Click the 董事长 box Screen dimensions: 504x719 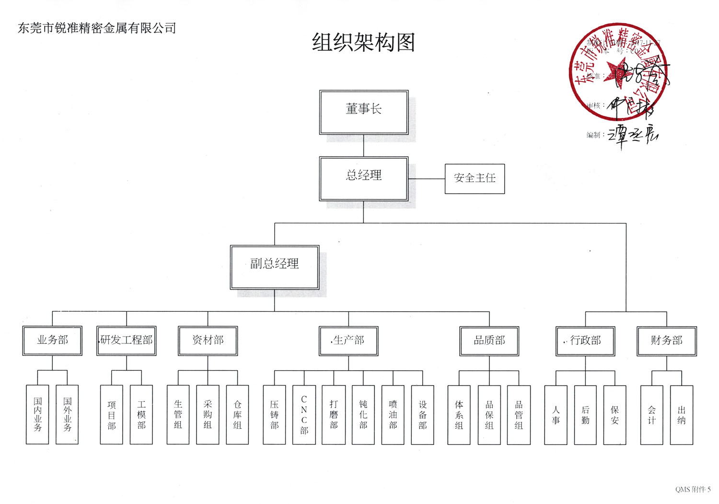point(363,112)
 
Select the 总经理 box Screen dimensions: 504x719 point(363,178)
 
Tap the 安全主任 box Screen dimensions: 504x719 point(475,178)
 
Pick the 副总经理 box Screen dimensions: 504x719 point(275,267)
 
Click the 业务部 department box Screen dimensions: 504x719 point(52,340)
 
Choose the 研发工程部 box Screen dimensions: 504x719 point(127,340)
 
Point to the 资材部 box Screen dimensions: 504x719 point(208,340)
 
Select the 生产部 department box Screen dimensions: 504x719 point(348,340)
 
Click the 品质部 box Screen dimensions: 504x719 point(489,340)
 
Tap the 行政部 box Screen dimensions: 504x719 point(585,340)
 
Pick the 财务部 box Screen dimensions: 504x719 point(666,340)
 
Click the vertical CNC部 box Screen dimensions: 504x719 point(304,415)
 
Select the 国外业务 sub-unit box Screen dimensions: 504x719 point(67,415)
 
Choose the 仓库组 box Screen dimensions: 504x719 point(237,415)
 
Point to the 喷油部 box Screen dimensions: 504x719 point(393,415)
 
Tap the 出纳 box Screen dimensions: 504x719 point(682,415)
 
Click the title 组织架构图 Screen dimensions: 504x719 point(363,43)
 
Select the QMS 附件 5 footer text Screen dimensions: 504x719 point(693,489)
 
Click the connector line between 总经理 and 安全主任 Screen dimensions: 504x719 point(427,179)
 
